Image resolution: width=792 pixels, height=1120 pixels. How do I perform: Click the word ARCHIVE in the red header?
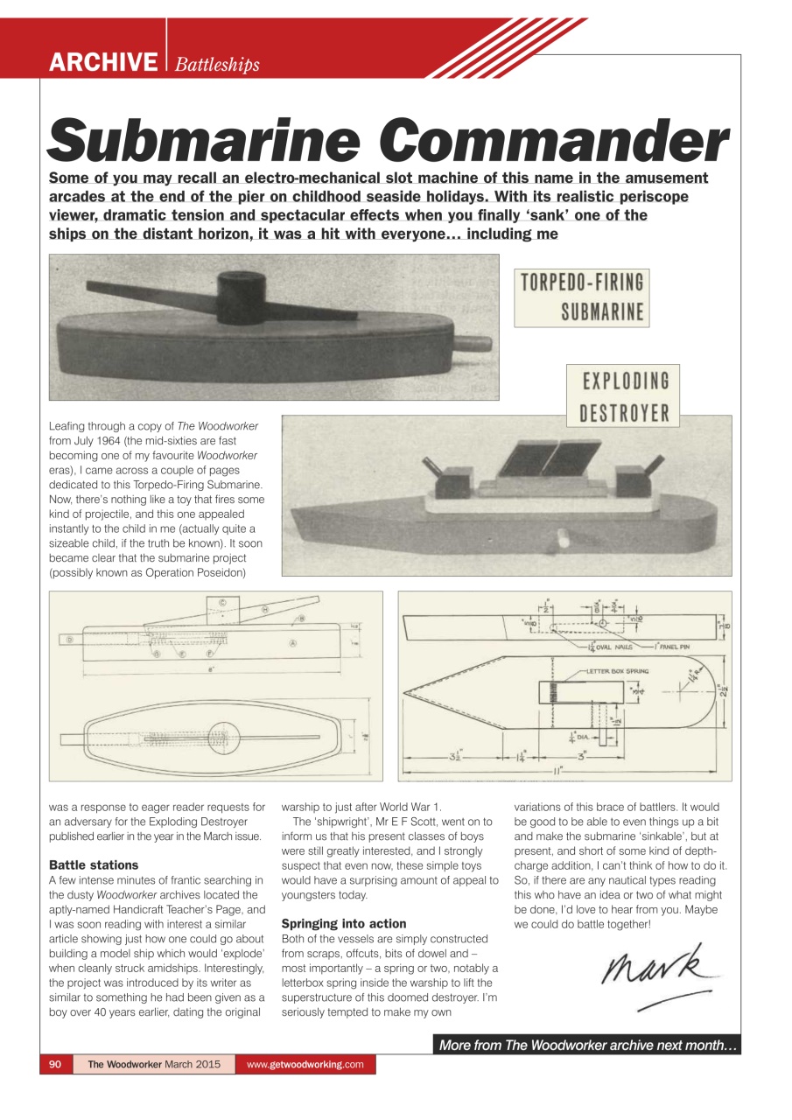click(x=102, y=62)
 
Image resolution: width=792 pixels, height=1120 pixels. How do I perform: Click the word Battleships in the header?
click(x=217, y=64)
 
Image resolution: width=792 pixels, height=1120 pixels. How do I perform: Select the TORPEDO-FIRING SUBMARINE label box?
click(x=581, y=297)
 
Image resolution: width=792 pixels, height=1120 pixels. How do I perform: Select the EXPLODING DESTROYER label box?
click(x=622, y=396)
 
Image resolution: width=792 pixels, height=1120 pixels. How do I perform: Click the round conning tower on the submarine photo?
click(x=242, y=289)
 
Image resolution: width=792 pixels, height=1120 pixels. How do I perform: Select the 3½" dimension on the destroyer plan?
click(x=455, y=757)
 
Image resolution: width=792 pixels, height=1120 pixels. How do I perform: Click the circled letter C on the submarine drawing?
click(x=222, y=603)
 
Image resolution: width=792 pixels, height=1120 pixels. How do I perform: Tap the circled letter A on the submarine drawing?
click(x=292, y=643)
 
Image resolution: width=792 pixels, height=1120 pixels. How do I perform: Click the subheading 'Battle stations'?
click(x=94, y=864)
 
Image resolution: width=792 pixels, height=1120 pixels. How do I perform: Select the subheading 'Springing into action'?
click(x=343, y=923)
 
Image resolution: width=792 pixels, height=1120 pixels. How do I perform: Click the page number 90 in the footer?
click(x=55, y=1065)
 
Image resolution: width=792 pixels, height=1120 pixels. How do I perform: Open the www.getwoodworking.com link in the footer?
click(x=305, y=1065)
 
